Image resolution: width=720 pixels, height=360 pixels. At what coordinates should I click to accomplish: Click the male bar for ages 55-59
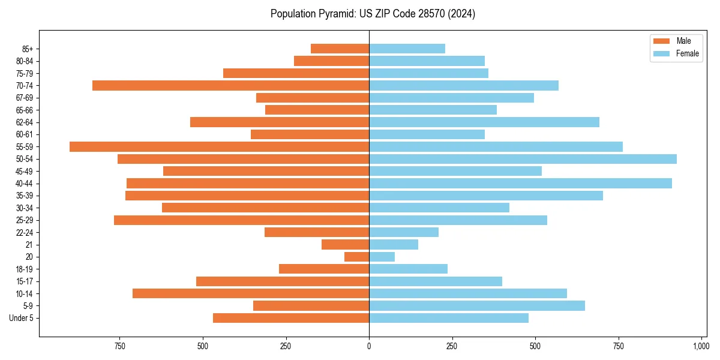pos(219,146)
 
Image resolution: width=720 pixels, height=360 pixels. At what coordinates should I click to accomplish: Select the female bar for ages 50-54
pos(523,159)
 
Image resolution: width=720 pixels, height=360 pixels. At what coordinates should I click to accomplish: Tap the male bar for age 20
pos(356,257)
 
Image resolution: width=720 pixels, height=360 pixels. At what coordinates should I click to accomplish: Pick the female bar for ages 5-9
pos(477,306)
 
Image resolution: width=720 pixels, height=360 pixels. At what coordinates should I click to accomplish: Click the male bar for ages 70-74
pos(230,85)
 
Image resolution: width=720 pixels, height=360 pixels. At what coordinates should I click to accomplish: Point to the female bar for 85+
pos(407,49)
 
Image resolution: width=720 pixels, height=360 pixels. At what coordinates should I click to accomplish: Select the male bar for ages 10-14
pos(251,293)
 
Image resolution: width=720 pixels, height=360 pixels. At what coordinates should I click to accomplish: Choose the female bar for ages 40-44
pos(520,184)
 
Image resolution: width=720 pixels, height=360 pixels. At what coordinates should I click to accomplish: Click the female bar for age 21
pos(394,245)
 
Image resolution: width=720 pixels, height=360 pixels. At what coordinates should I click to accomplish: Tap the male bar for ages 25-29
pos(241,220)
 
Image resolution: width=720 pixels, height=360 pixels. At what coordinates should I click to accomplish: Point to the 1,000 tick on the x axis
pos(701,346)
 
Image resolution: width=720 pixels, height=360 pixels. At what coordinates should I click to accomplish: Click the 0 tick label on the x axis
pos(369,346)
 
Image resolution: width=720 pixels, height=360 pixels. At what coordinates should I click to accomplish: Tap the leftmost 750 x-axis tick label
pos(119,346)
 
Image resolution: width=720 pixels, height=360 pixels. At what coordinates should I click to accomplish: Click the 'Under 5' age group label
pos(21,318)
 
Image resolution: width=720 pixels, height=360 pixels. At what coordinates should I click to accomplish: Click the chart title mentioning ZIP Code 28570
pos(373,14)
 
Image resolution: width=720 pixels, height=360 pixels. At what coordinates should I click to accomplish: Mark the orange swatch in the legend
pos(661,41)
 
